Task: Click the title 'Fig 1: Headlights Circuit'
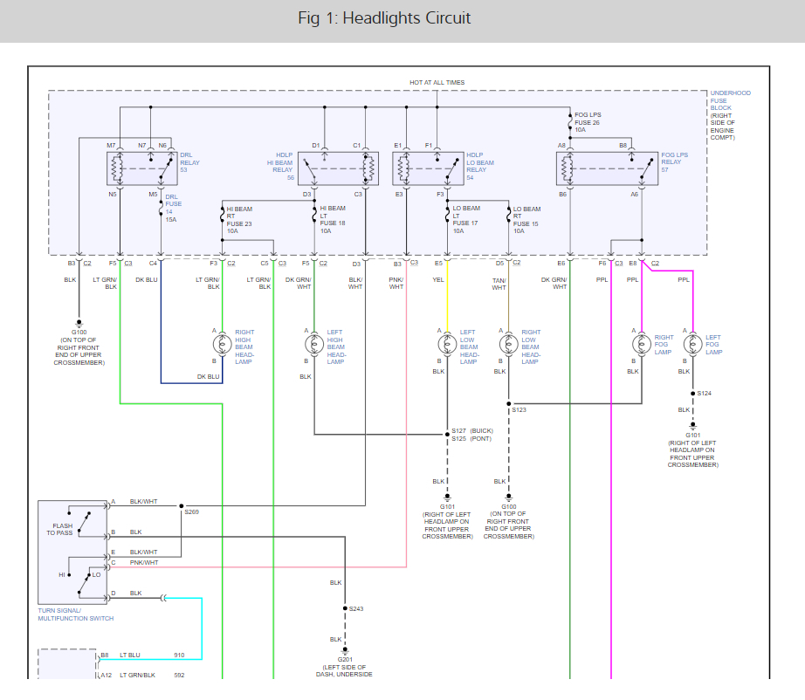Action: click(x=384, y=18)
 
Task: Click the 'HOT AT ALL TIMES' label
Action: click(x=437, y=82)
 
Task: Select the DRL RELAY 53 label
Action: click(x=189, y=162)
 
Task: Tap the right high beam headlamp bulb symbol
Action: click(x=222, y=345)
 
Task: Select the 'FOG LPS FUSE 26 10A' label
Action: click(x=587, y=121)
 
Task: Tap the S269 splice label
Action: click(x=191, y=512)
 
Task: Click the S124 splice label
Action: click(x=705, y=393)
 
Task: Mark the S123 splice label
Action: click(x=519, y=408)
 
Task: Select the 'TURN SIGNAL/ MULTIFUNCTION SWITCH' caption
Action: click(x=75, y=614)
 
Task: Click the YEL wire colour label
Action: click(x=438, y=280)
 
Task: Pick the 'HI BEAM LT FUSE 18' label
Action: click(x=333, y=220)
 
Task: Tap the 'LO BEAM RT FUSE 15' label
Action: click(x=526, y=220)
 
